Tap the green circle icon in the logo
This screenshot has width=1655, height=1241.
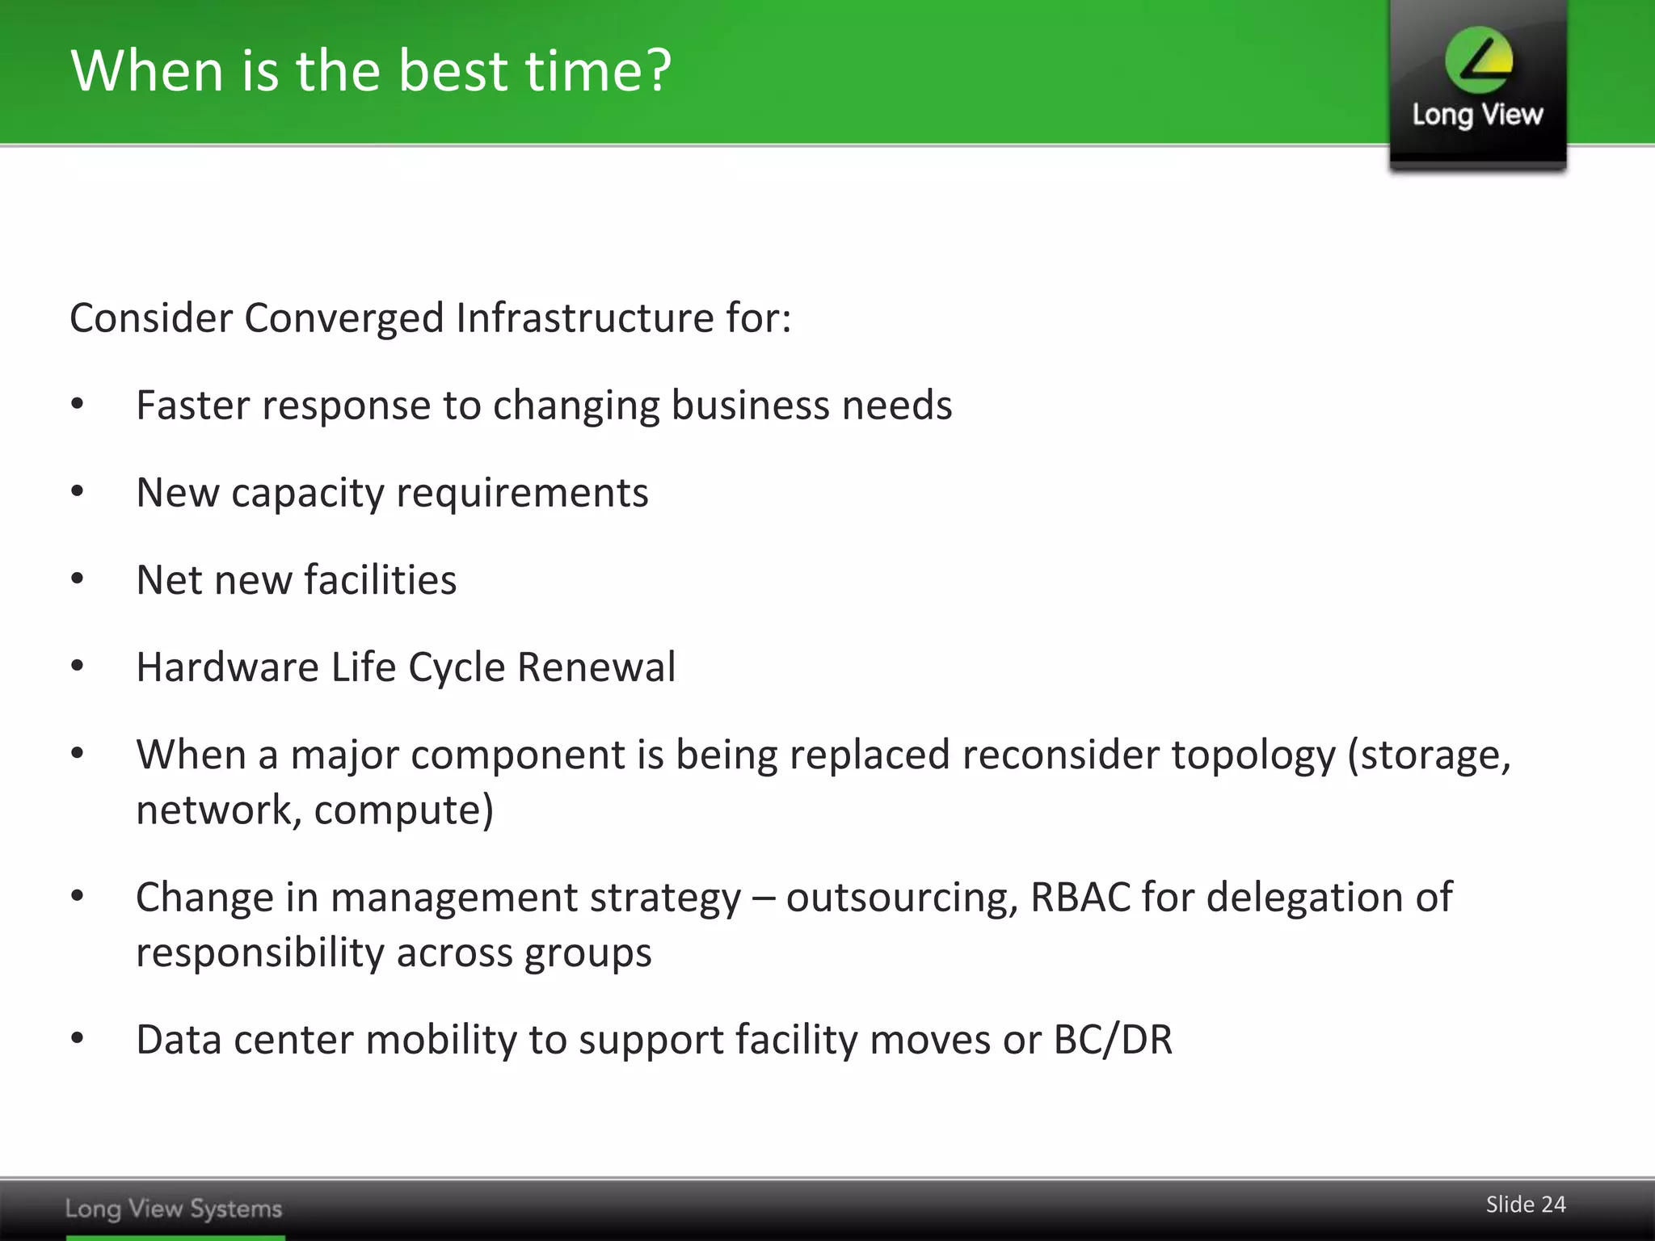click(x=1479, y=60)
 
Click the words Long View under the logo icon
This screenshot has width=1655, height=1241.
click(x=1477, y=115)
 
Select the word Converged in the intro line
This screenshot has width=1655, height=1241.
click(x=344, y=318)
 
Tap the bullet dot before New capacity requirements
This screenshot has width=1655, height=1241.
click(x=78, y=492)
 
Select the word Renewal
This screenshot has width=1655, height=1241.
click(x=596, y=667)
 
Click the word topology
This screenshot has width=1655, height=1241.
click(x=1254, y=756)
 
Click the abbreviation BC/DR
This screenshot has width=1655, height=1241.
click(x=1113, y=1040)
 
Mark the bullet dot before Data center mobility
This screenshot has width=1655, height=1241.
click(x=78, y=1039)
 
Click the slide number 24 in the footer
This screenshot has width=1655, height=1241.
click(x=1552, y=1205)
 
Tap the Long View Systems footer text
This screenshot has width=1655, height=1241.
click(x=174, y=1209)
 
